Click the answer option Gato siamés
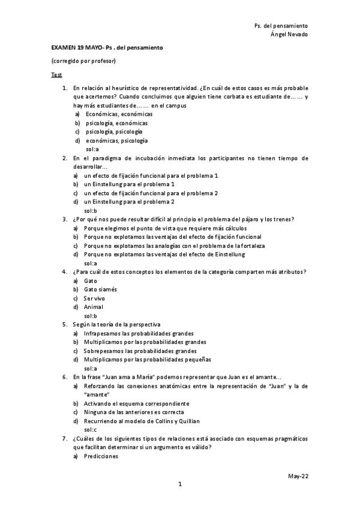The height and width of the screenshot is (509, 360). (x=101, y=289)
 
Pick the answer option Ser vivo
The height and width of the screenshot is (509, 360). (x=96, y=298)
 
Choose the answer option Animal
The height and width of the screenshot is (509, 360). (x=94, y=307)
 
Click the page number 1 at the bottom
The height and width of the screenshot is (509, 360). (x=179, y=484)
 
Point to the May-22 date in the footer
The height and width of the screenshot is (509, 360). (x=298, y=475)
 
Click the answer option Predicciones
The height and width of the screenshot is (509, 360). (x=102, y=456)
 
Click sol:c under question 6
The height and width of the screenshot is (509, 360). (x=91, y=430)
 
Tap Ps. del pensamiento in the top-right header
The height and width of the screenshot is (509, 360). (x=281, y=26)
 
